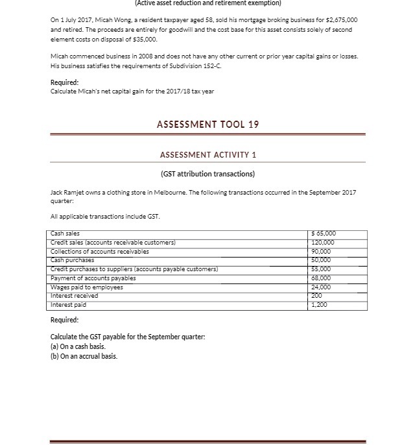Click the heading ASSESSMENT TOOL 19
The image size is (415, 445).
(x=207, y=124)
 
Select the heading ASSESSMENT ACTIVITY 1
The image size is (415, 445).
(x=207, y=155)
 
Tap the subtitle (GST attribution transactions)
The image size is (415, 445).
(x=207, y=173)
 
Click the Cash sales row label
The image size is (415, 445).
(x=65, y=234)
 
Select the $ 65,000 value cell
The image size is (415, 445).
(x=325, y=234)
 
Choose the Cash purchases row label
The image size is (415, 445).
(x=72, y=258)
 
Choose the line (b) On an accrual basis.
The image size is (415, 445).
(x=84, y=355)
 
